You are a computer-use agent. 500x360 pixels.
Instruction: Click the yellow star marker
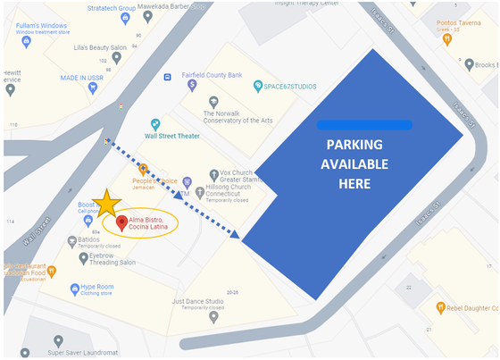pyautogui.click(x=106, y=203)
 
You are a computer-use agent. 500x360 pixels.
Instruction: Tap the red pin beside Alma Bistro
pyautogui.click(x=121, y=222)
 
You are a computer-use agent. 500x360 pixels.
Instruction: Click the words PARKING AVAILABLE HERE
pyautogui.click(x=354, y=163)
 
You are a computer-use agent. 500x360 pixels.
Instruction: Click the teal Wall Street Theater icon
pyautogui.click(x=154, y=124)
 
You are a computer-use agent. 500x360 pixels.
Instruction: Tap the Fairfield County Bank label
pyautogui.click(x=212, y=75)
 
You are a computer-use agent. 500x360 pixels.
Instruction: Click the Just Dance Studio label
pyautogui.click(x=198, y=301)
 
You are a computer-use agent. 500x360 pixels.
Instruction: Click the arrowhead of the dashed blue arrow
pyautogui.click(x=236, y=235)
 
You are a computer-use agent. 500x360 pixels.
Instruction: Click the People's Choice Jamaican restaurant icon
pyautogui.click(x=143, y=169)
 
